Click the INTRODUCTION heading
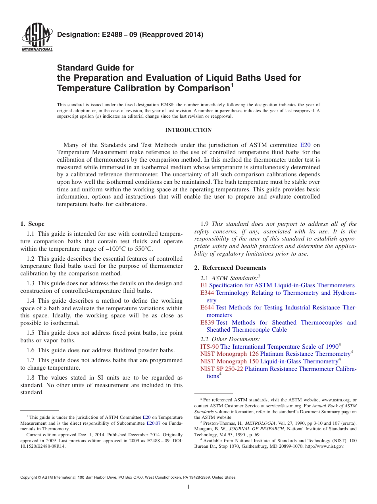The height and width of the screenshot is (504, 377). click(x=188, y=130)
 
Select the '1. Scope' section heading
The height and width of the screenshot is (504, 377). click(x=33, y=224)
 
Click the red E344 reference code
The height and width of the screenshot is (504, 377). click(x=207, y=293)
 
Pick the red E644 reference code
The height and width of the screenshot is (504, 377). click(x=207, y=307)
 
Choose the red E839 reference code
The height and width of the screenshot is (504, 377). click(x=207, y=323)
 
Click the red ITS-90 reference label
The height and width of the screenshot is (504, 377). click(x=210, y=346)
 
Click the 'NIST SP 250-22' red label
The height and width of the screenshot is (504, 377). click(x=221, y=369)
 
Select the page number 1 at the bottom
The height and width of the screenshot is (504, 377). click(x=188, y=487)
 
